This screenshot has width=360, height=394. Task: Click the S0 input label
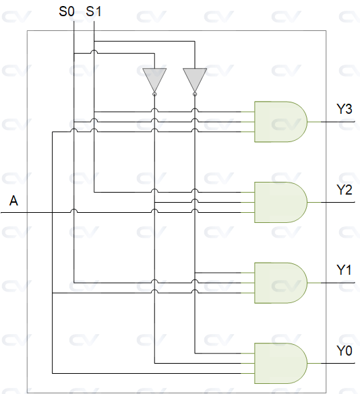coord(67,11)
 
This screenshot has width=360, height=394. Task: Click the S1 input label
coord(94,11)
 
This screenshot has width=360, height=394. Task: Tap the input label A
coord(13,201)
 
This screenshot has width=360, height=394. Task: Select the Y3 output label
coord(344,109)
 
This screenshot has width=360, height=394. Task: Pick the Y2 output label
coord(344,190)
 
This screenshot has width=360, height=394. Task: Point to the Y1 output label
coord(344,270)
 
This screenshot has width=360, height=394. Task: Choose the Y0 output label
coord(344,351)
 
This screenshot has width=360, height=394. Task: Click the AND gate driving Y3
coord(280,122)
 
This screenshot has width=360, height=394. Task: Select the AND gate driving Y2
coord(280,202)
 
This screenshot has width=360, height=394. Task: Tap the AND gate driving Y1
coord(280,283)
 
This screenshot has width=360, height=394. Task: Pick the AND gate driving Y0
coord(280,363)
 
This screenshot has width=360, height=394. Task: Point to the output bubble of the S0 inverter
coord(154,94)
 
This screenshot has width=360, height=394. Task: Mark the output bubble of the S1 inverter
coord(195,94)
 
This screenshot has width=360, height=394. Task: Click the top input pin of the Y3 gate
coord(247,112)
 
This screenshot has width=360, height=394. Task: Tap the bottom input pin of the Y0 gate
coord(247,373)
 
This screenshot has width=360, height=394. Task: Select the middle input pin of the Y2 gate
coord(247,202)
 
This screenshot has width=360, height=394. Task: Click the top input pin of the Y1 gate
coord(247,273)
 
